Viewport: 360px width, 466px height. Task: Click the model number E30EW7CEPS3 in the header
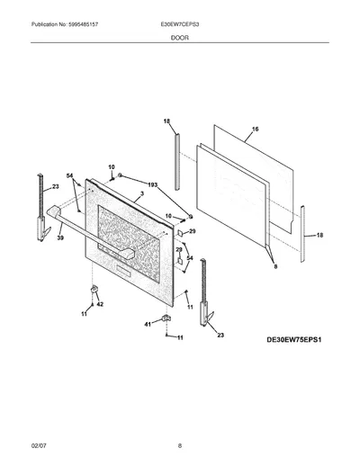tap(180, 24)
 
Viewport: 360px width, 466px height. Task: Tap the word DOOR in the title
tap(180, 38)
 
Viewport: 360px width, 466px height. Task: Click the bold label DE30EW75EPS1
tap(294, 340)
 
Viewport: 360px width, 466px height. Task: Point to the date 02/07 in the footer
tap(39, 446)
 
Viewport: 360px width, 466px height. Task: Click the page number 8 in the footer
tap(180, 446)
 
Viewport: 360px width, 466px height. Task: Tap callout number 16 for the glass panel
tap(255, 130)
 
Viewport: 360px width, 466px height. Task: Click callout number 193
tap(152, 185)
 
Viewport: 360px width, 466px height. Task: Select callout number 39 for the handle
tap(61, 237)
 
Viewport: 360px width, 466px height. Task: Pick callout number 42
tap(100, 304)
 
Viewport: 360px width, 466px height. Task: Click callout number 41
tap(148, 324)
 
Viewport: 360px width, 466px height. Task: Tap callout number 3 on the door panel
tap(142, 193)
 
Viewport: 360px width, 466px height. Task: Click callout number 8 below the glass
tap(275, 266)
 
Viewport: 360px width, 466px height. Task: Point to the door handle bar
tap(90, 232)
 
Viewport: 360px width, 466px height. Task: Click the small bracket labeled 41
tap(166, 318)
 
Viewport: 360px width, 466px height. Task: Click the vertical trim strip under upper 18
tap(177, 162)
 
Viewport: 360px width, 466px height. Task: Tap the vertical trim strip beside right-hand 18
tap(302, 234)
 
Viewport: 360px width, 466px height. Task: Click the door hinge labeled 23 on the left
tap(41, 207)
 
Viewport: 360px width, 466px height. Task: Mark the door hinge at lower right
tap(204, 292)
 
